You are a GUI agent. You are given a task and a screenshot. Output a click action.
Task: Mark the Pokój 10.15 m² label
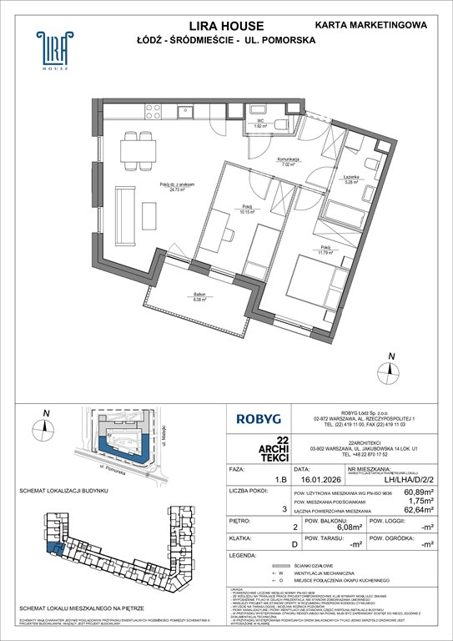tap(247, 208)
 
